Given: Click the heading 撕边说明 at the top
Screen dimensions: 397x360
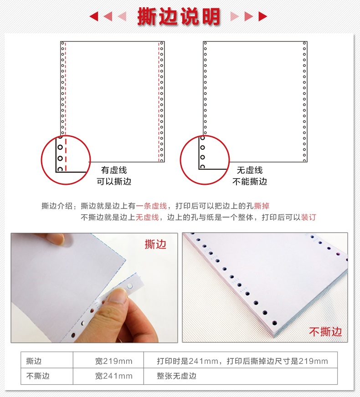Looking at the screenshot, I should (x=179, y=16).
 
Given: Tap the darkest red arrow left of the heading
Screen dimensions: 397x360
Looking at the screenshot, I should (x=94, y=17).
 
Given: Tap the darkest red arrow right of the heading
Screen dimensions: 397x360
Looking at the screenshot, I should (x=262, y=17).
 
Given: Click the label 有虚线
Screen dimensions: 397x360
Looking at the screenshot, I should (x=114, y=170).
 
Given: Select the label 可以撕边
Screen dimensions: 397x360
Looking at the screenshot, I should (x=114, y=181).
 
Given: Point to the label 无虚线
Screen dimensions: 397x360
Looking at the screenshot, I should (x=250, y=170).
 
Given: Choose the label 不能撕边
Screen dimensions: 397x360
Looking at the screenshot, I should (x=250, y=181).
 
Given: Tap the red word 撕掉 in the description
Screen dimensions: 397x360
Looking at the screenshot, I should (x=265, y=206).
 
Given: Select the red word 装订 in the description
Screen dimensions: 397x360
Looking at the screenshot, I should (x=309, y=217).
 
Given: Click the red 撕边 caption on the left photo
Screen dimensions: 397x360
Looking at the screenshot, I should (x=155, y=244).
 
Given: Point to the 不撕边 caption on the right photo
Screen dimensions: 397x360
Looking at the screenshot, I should (x=325, y=331).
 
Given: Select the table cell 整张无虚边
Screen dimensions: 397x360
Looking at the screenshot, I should (x=177, y=376).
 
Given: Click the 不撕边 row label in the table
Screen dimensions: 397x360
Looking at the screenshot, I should (x=38, y=376).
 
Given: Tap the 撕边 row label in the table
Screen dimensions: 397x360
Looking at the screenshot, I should (x=34, y=361).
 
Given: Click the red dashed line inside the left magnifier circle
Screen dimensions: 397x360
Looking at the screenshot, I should (x=66, y=155).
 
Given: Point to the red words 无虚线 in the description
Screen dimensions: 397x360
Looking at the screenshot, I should (x=147, y=217).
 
